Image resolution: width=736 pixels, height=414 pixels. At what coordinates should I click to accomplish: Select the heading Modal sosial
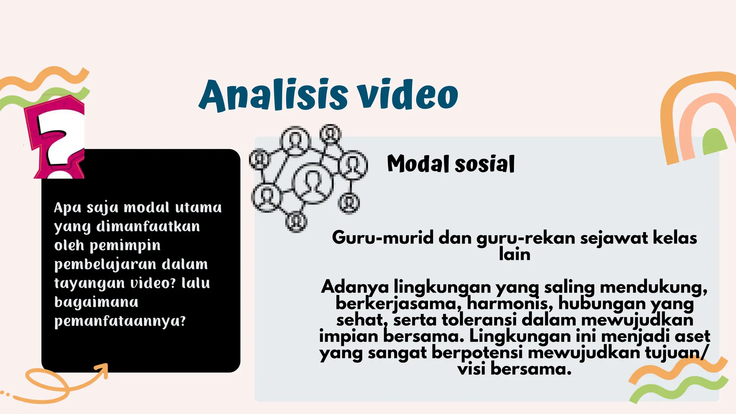point(451,164)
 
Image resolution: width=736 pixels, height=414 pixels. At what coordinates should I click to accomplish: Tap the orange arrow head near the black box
point(102,370)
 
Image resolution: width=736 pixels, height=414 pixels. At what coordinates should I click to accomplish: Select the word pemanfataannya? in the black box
point(120,321)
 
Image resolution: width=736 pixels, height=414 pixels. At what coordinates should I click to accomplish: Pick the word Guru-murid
point(382,238)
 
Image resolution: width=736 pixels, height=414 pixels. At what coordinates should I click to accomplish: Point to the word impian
point(348,336)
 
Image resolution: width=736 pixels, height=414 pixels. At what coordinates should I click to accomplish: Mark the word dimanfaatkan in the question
point(148,227)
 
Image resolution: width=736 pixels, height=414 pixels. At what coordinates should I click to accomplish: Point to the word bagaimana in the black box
point(96,302)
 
